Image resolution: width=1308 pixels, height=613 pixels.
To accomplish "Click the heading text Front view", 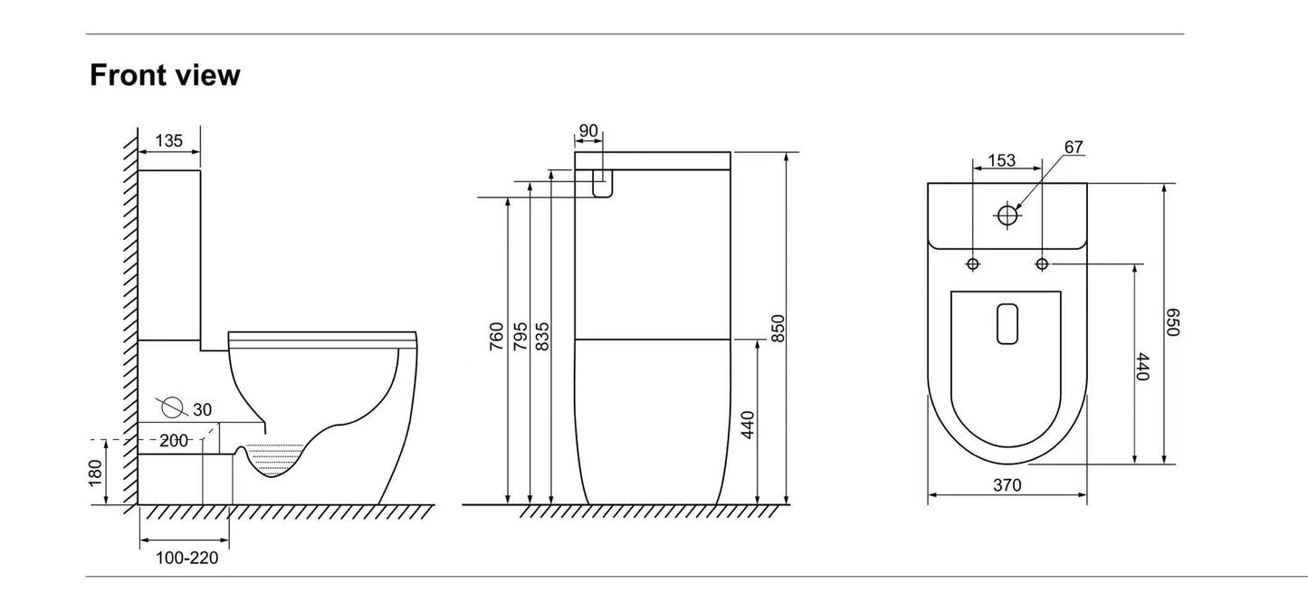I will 165,75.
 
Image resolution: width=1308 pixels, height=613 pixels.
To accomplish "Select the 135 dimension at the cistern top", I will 169,140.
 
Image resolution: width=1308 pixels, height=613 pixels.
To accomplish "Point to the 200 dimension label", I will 174,441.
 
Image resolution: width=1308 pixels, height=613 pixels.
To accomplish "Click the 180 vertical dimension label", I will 96,473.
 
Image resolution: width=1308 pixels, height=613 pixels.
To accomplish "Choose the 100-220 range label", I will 186,558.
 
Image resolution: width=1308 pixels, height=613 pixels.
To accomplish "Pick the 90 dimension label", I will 588,131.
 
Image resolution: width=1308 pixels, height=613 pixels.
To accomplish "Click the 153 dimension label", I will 1001,161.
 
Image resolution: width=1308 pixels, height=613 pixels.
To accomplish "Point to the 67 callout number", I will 1074,148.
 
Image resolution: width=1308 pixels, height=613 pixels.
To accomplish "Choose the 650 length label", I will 1173,322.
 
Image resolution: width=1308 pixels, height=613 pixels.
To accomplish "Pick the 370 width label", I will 1007,485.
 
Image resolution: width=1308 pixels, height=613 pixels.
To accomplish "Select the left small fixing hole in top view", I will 973,263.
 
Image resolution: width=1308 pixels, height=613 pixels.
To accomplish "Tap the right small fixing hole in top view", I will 1042,263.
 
